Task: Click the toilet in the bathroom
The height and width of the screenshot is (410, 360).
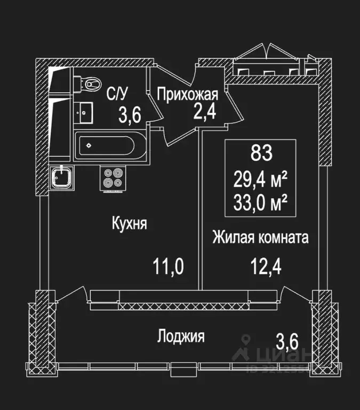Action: click(x=90, y=83)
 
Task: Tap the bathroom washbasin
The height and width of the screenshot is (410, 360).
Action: click(x=84, y=112)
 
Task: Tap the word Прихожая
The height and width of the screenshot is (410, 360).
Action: click(x=187, y=95)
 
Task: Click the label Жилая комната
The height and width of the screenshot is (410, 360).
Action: click(x=260, y=238)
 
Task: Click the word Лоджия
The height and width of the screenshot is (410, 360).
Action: click(x=181, y=336)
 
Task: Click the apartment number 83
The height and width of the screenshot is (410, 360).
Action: click(x=261, y=154)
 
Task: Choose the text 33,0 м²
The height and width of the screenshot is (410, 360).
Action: click(x=261, y=202)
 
